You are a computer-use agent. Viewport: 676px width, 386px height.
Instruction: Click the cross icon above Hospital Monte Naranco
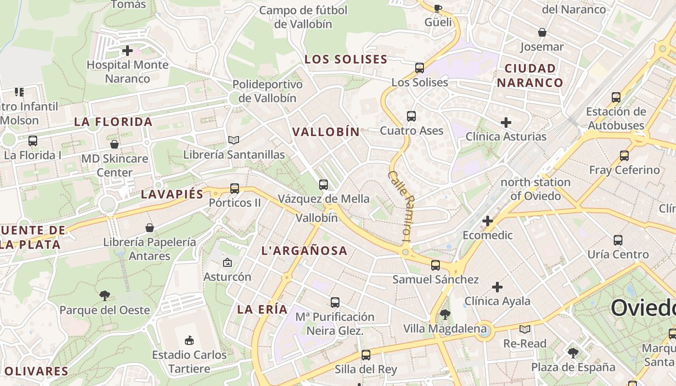coord(127,50)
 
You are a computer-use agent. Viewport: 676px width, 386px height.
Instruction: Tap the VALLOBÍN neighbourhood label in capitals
coord(326,132)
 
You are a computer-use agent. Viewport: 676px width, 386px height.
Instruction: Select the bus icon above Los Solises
coord(420,68)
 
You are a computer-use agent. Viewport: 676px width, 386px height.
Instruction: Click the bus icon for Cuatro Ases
coord(411,116)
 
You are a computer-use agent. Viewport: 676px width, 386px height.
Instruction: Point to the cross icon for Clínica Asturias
coord(506,123)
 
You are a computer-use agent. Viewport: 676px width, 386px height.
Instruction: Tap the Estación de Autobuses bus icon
coord(616,97)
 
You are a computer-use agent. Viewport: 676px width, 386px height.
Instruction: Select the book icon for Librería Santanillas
coord(234,140)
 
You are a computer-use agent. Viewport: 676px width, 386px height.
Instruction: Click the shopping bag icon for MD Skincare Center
coord(114,144)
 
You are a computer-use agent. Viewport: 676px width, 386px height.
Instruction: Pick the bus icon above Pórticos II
coord(235,189)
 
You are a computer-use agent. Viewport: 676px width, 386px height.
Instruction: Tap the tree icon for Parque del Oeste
coord(104,296)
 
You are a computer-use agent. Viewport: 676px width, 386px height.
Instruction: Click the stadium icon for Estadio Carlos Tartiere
coord(189,341)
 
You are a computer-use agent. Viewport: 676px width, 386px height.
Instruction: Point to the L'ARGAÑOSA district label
coord(304,250)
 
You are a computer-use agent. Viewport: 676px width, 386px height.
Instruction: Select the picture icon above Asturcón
coord(227,263)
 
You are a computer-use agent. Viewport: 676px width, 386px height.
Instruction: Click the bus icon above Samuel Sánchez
coord(436,265)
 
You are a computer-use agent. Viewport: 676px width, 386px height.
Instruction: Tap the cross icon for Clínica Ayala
coord(497,287)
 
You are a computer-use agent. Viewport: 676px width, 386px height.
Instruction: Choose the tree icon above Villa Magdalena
coord(445,315)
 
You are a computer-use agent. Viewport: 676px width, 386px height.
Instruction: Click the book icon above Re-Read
coord(525,330)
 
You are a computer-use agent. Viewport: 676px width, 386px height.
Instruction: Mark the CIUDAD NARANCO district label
coord(530,75)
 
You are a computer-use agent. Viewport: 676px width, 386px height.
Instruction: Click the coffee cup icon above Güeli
coord(438,8)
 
